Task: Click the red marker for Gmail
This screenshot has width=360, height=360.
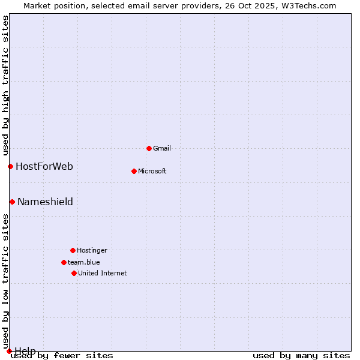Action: pos(149,148)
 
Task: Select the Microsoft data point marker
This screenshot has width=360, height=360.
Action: pos(134,171)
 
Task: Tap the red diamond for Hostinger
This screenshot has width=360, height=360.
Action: pos(73,250)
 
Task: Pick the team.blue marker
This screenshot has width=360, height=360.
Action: pos(64,262)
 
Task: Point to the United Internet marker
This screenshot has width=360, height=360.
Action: pos(74,273)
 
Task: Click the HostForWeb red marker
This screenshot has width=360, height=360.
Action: pos(10,166)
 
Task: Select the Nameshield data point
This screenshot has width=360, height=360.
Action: pos(12,202)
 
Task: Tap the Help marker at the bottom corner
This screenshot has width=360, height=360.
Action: pos(9,351)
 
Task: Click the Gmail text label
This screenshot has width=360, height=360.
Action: pos(162,148)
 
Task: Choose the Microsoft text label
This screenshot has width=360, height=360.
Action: pos(152,171)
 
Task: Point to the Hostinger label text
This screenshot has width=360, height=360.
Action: pos(92,250)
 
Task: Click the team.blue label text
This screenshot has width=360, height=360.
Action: pos(84,262)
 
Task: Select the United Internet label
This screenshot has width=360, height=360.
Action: pos(103,273)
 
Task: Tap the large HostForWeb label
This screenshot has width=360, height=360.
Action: pos(44,166)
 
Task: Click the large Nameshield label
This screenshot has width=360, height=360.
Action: pos(45,202)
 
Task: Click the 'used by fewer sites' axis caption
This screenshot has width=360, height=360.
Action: pos(62,355)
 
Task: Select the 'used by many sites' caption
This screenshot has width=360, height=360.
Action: pos(301,355)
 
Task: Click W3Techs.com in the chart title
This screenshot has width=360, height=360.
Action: pos(309,5)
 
